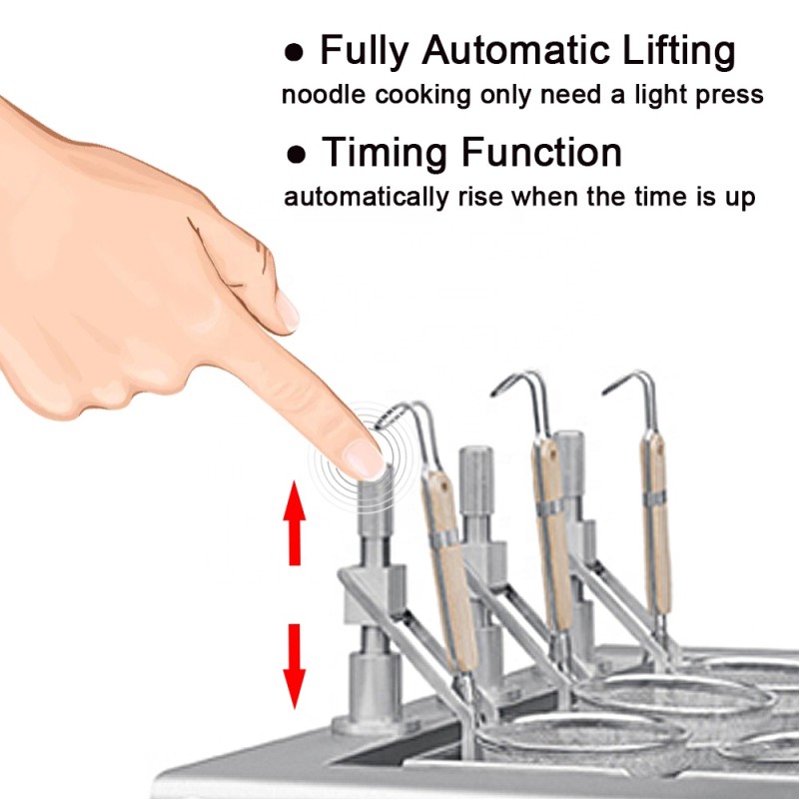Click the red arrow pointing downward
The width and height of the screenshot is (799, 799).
(294, 664)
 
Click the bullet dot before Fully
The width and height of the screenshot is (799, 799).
(294, 51)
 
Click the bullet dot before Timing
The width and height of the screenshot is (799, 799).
(296, 155)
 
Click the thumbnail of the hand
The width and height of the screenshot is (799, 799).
(287, 311)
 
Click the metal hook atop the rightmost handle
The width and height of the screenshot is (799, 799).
(635, 386)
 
